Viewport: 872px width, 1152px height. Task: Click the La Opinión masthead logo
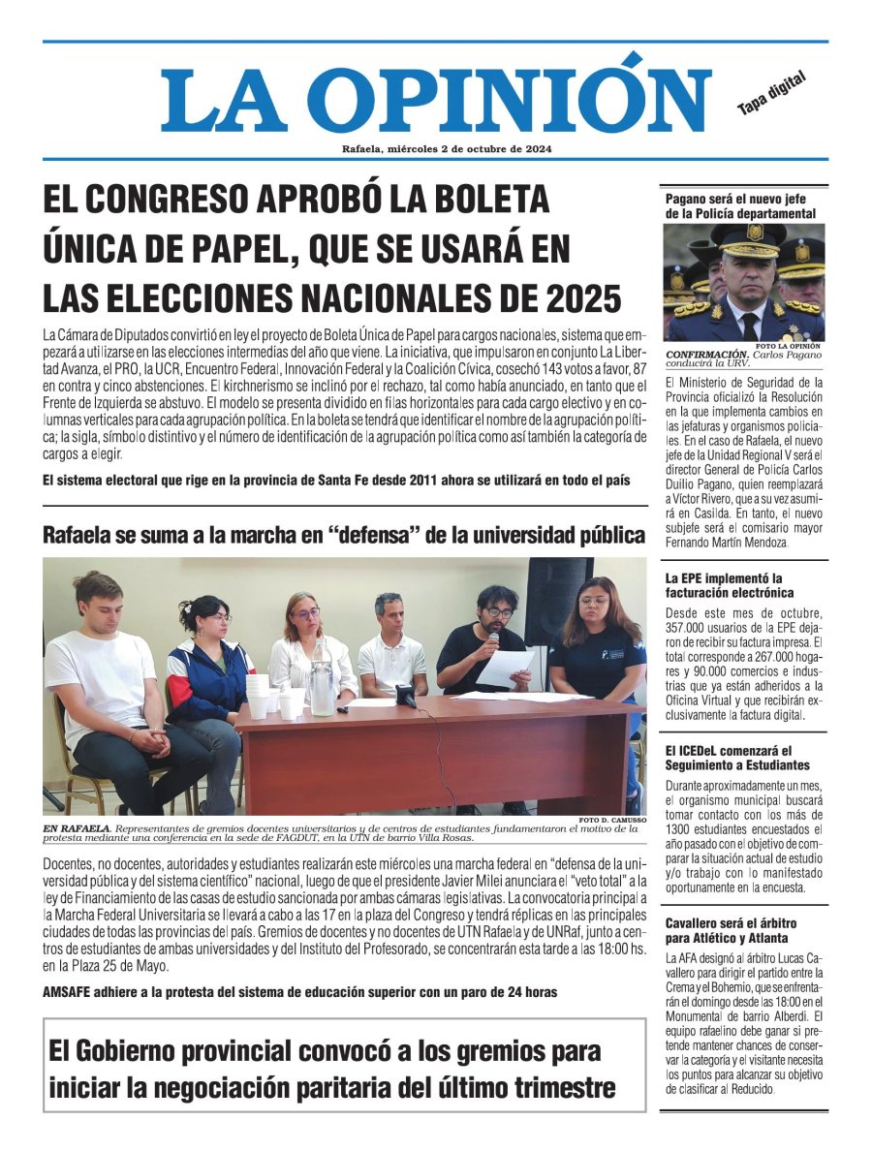[435, 99]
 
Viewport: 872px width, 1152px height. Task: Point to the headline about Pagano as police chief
[740, 205]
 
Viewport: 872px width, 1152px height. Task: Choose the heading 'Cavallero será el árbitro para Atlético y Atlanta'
[731, 930]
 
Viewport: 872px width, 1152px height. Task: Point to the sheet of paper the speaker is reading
[506, 668]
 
